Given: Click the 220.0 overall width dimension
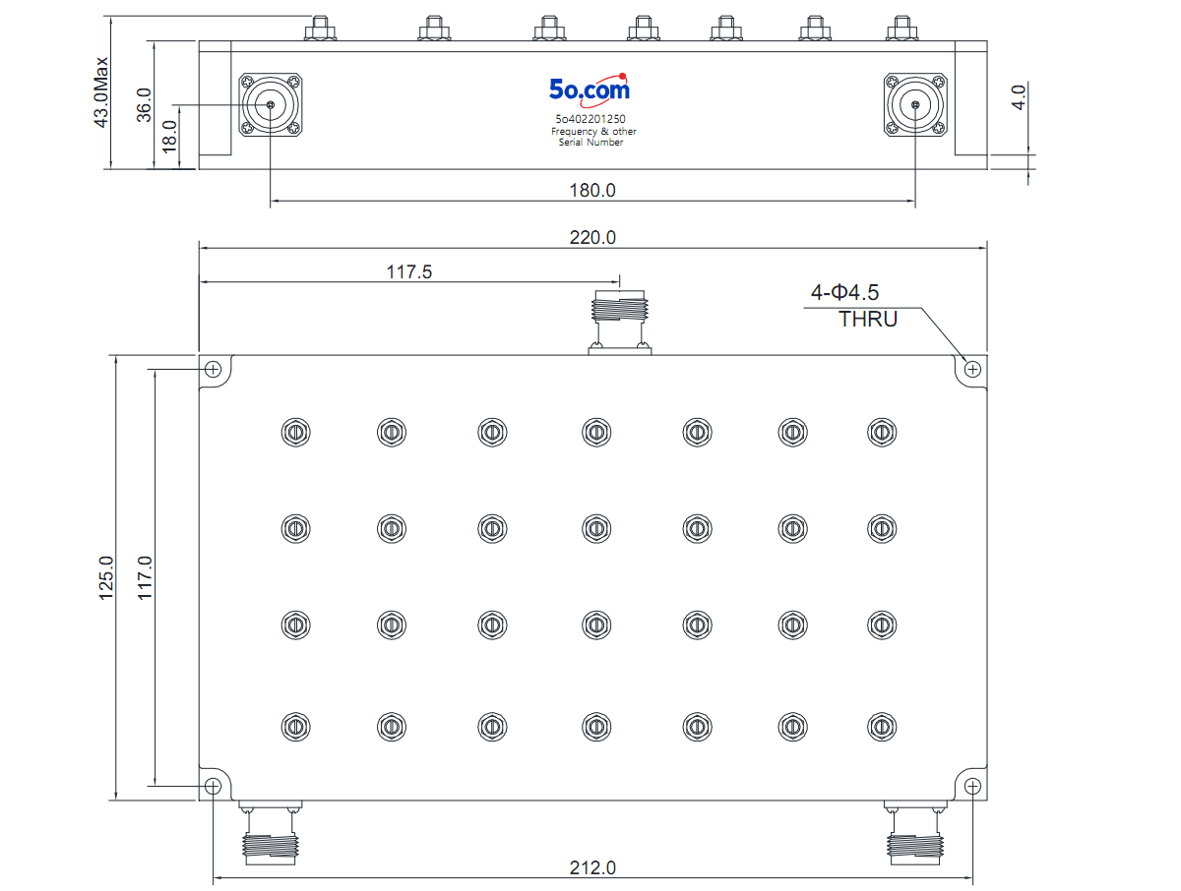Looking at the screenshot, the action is click(591, 237).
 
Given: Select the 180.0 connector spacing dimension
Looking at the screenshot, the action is click(591, 190).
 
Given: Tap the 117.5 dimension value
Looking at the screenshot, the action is click(408, 271).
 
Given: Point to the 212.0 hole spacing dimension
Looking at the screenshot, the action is click(591, 868).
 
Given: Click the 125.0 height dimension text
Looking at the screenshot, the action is click(106, 578).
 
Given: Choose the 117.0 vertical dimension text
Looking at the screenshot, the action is click(145, 578).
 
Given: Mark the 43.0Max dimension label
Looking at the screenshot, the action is click(101, 92).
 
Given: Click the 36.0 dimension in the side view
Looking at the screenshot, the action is click(144, 105).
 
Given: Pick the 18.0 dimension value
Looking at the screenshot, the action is click(169, 137).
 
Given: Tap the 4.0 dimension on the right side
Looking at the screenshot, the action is click(1019, 97).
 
